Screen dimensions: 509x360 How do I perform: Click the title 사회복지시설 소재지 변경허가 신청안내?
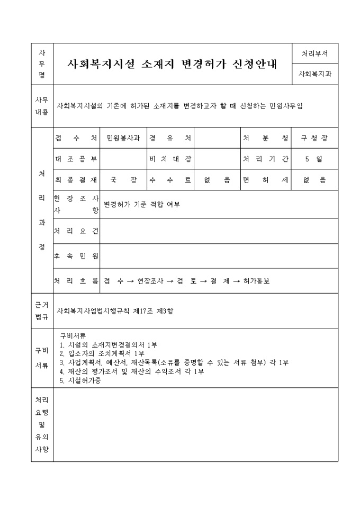pos(173,64)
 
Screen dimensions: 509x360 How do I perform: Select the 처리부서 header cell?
pos(314,53)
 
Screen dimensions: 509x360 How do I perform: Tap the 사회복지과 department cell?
pos(314,75)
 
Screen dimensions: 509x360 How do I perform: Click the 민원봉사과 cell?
pos(123,138)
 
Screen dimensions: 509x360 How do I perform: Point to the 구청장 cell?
pos(314,138)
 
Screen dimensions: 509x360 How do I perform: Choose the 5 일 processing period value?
pos(314,159)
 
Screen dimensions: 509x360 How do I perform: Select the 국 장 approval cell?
pos(123,180)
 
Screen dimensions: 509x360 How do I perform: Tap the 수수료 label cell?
pos(170,180)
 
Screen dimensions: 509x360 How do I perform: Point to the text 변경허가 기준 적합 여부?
pos(142,204)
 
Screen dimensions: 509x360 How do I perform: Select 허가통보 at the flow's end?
pos(257,281)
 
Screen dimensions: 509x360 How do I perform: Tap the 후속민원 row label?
pos(77,256)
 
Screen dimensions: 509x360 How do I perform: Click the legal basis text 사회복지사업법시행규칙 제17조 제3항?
pos(115,311)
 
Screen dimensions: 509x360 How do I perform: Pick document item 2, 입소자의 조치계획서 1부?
pos(102,353)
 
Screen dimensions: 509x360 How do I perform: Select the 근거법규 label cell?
pos(42,311)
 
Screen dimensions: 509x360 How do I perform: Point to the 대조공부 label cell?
pos(77,159)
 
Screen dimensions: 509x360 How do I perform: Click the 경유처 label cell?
pos(170,138)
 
